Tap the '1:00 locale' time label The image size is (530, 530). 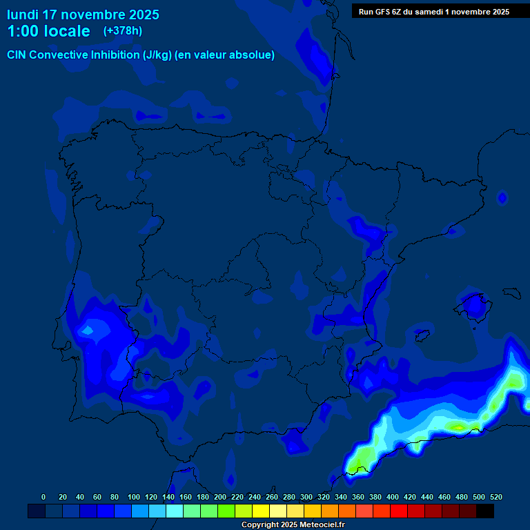[48, 31]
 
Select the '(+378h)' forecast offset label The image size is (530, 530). [123, 31]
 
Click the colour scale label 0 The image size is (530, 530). [43, 497]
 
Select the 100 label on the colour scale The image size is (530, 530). [134, 497]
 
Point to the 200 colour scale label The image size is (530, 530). [220, 497]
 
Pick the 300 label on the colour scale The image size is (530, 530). [306, 497]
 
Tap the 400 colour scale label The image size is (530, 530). [393, 497]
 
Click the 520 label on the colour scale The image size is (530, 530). [495, 497]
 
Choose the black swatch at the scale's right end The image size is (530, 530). [485, 511]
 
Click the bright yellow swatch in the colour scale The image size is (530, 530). [261, 511]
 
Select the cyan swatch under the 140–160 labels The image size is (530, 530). [175, 511]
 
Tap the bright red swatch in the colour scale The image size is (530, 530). [399, 511]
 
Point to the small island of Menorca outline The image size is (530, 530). [511, 293]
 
